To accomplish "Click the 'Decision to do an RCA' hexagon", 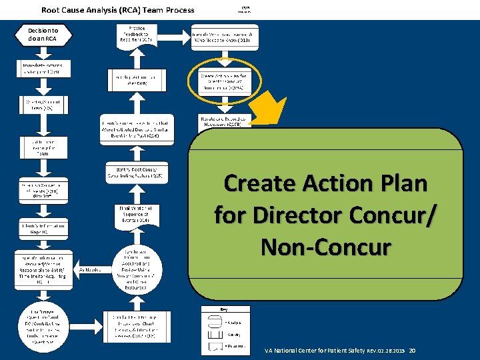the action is pos(43,35).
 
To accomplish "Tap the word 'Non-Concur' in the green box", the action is pos(325,247).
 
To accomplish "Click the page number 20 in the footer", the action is pos(412,351).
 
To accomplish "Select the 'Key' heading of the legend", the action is pos(224,309).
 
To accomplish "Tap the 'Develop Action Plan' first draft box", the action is pos(135,81).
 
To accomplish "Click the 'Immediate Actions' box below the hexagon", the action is pos(43,70).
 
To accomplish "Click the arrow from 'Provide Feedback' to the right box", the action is pos(173,35).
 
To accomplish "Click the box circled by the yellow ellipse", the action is pos(226,81).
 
